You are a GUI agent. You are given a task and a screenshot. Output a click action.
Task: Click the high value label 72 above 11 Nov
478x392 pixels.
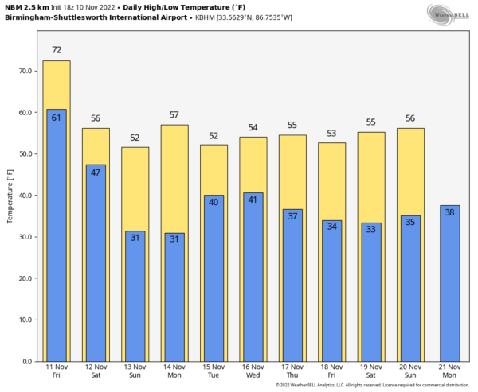coord(57,50)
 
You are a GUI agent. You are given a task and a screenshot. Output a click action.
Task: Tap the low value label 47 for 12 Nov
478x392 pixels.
coord(96,173)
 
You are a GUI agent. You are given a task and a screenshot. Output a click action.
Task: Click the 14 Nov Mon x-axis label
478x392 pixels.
coord(174,371)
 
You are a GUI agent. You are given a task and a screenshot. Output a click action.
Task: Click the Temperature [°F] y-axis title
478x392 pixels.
coord(10,196)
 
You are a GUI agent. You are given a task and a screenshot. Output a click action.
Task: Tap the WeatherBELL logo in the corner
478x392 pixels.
coord(448,14)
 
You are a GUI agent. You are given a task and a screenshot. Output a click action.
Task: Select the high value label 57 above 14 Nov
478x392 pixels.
coord(174,114)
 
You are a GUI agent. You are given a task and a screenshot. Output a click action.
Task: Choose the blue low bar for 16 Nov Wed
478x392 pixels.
coord(253,277)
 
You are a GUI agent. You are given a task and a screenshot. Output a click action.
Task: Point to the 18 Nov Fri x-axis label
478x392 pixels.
coord(331,371)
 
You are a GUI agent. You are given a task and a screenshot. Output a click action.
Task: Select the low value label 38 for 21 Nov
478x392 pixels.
coord(450,212)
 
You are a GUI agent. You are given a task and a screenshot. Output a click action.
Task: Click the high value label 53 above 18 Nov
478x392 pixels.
coord(331,133)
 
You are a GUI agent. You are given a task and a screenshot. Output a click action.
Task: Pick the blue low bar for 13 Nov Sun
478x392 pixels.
coord(135,296)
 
